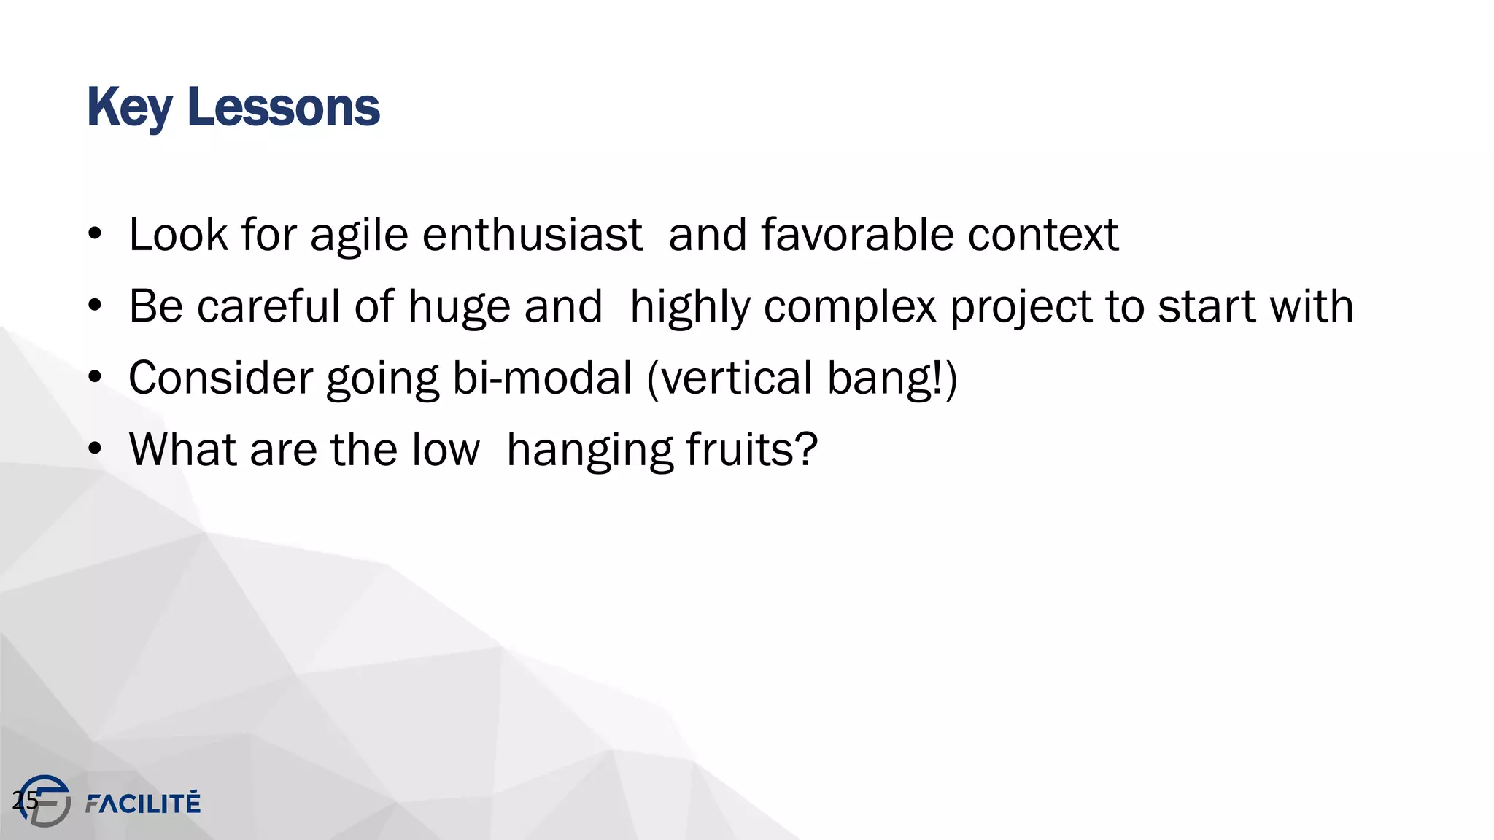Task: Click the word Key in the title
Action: coord(129,108)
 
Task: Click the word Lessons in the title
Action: coord(283,108)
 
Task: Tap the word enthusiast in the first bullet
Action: coord(532,235)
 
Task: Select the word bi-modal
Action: coord(542,378)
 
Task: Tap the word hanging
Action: coord(589,451)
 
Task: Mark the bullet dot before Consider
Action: coord(95,378)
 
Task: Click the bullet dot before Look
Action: coord(95,235)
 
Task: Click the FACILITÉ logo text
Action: coord(143,803)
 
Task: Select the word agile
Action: coord(359,236)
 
